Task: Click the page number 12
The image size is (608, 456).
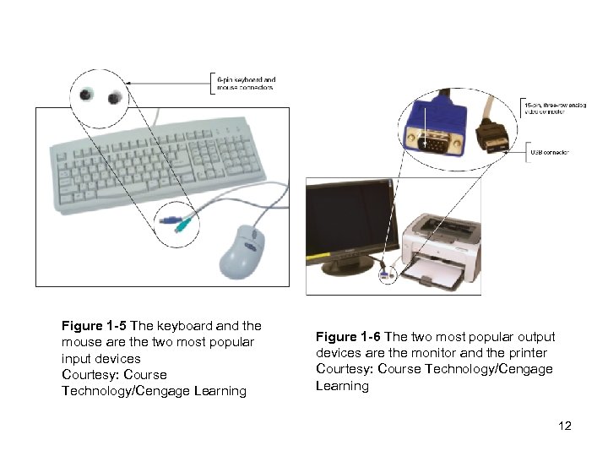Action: pos(565,426)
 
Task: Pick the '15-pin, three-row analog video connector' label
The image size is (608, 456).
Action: pos(552,106)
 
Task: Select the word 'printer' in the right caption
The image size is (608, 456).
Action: pos(529,353)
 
